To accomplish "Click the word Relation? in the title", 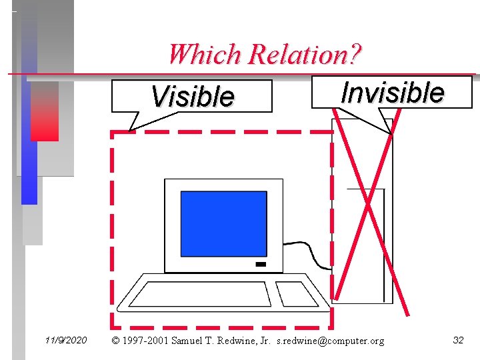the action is pyautogui.click(x=304, y=54).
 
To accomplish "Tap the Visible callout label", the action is pyautogui.click(x=193, y=97).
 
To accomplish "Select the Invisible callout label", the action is pyautogui.click(x=392, y=92).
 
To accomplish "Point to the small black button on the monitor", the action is pyautogui.click(x=261, y=265).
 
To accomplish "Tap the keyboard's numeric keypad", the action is pyautogui.click(x=299, y=293).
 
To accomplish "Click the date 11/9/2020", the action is pyautogui.click(x=66, y=341).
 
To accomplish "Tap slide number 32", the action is pyautogui.click(x=458, y=341).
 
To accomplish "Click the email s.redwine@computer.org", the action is pyautogui.click(x=330, y=341).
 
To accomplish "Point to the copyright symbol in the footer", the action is pyautogui.click(x=116, y=341).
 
